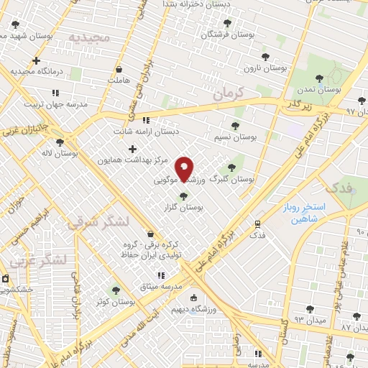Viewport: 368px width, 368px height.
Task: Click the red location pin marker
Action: pyautogui.click(x=185, y=170)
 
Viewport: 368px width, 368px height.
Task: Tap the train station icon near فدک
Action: pyautogui.click(x=257, y=224)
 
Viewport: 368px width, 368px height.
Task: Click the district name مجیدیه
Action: pyautogui.click(x=89, y=37)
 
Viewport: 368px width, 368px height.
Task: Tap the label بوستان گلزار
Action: pyautogui.click(x=183, y=206)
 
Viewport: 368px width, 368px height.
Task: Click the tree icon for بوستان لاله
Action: pyautogui.click(x=60, y=142)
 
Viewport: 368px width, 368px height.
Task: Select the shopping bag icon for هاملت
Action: pyautogui.click(x=119, y=70)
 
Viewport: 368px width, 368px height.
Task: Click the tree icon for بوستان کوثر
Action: pyautogui.click(x=116, y=290)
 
